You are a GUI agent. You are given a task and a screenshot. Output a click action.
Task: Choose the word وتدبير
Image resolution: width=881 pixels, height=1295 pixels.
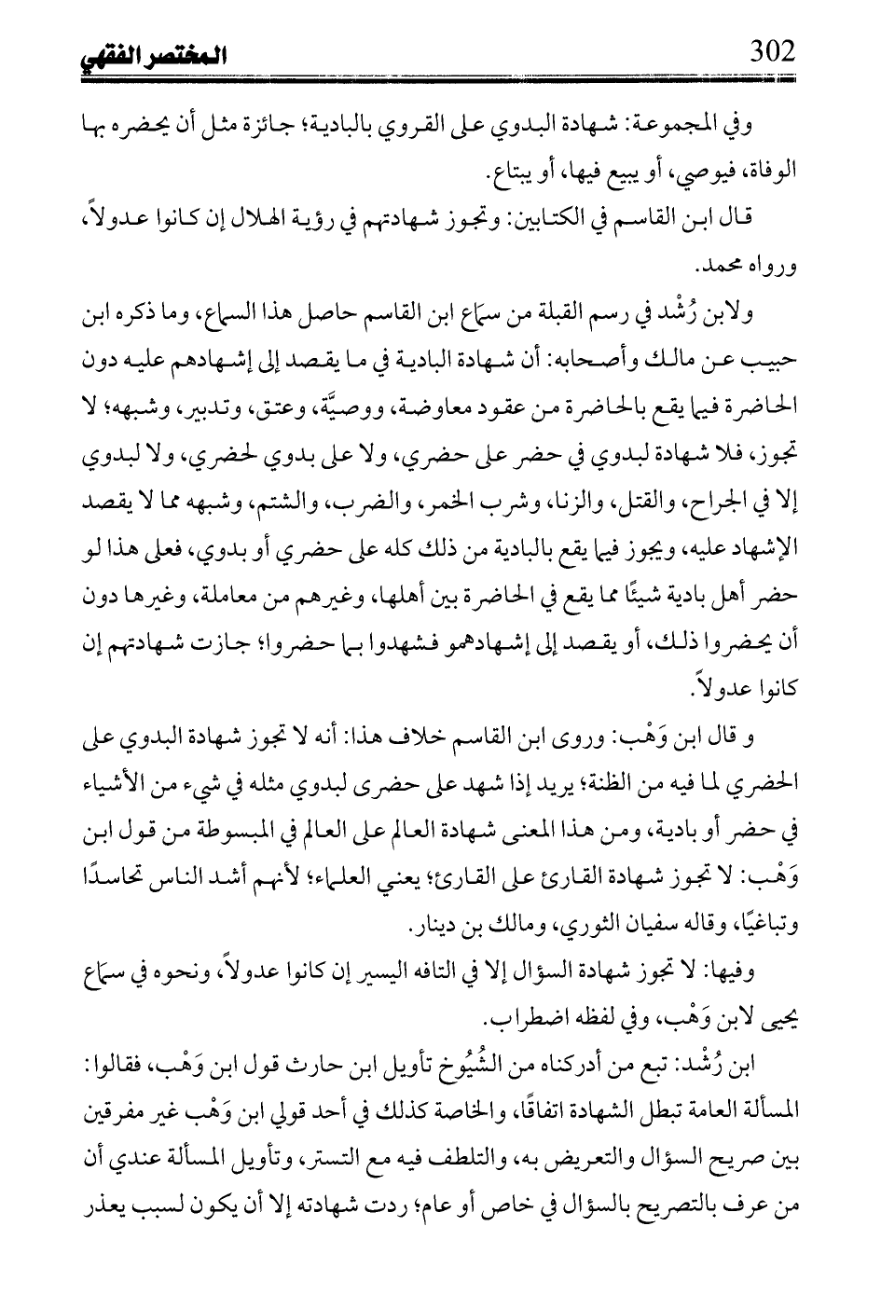coord(209,405)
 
